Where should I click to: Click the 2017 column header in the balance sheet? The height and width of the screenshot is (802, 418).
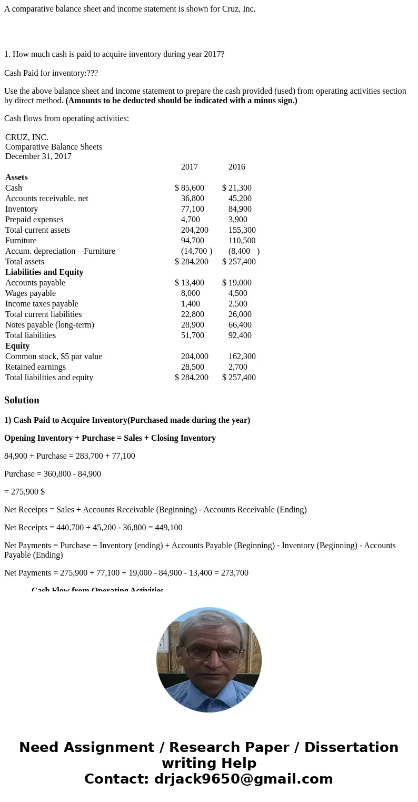click(x=190, y=167)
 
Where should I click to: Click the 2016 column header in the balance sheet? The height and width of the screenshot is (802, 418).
click(x=237, y=167)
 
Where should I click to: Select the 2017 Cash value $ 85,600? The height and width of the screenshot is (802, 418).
click(x=190, y=188)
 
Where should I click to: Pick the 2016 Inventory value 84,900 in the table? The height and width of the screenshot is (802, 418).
click(x=240, y=209)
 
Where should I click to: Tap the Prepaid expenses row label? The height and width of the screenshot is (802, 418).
click(x=34, y=220)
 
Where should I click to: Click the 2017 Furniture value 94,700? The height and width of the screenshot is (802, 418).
click(x=193, y=241)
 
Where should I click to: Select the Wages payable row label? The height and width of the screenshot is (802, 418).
click(x=31, y=293)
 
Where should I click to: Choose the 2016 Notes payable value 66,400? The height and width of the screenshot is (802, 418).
click(x=240, y=325)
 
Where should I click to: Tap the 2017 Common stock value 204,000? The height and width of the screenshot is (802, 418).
click(x=195, y=357)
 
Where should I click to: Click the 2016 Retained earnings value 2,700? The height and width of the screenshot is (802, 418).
click(x=238, y=367)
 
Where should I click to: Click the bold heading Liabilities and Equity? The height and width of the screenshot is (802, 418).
click(x=44, y=272)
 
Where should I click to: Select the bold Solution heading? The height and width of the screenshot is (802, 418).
click(x=22, y=400)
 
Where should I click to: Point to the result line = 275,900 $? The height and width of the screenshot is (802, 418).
click(x=24, y=492)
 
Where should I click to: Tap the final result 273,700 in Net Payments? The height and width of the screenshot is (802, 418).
click(x=235, y=573)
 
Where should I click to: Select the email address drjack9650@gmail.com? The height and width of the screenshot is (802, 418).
click(x=243, y=779)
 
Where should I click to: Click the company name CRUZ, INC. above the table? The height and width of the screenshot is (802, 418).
click(x=27, y=137)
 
